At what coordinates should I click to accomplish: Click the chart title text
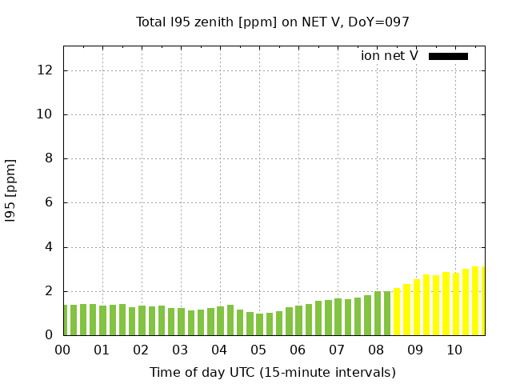click(273, 22)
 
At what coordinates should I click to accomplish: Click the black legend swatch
click(448, 56)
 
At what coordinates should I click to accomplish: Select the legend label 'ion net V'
click(389, 56)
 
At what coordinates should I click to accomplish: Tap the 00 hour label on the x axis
click(62, 350)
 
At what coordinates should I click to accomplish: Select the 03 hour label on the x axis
click(180, 350)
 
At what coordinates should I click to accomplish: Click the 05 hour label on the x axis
click(258, 350)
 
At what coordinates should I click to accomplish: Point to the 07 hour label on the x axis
click(337, 350)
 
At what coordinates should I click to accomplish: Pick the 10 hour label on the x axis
click(454, 350)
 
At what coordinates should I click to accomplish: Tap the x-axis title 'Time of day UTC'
click(273, 372)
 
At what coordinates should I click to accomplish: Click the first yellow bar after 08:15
click(397, 312)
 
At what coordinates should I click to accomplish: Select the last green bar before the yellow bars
click(387, 314)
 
